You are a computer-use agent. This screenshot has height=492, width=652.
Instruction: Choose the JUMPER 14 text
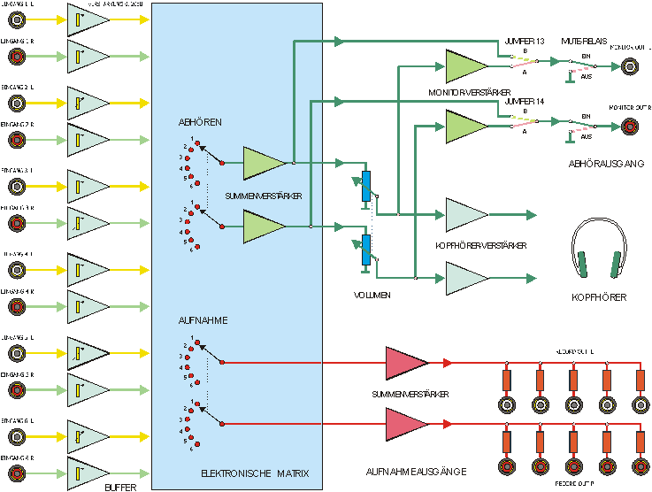[525, 102]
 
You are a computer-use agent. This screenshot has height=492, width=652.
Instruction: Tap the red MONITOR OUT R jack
[629, 126]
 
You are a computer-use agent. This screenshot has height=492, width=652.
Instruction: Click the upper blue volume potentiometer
[365, 186]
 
